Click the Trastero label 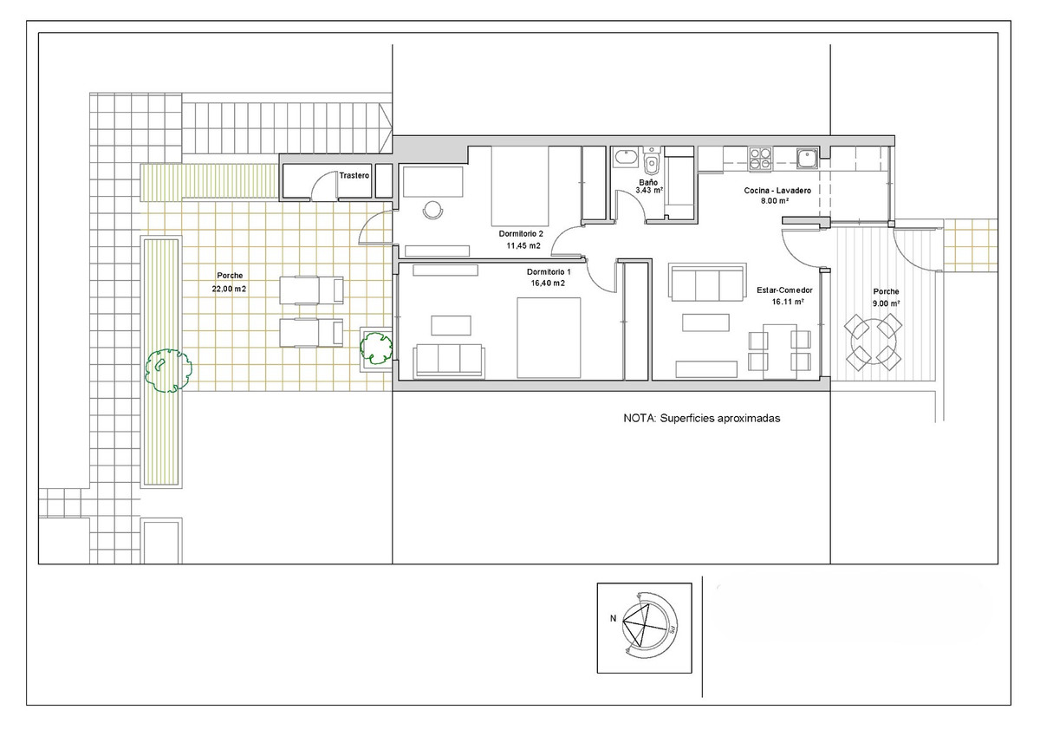354,175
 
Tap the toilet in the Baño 652,160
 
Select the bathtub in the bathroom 627,158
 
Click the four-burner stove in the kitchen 759,158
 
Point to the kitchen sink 808,158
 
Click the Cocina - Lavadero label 777,191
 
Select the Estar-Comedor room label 784,290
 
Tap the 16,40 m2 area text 548,283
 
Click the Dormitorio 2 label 521,234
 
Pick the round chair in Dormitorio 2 433,210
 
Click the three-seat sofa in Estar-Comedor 707,283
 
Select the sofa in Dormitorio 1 449,361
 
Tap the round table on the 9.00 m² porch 873,342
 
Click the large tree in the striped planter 168,370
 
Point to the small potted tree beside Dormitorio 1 376,348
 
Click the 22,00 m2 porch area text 229,289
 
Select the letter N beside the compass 614,618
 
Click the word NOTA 640,419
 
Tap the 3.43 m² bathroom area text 649,191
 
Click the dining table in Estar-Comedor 779,350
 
